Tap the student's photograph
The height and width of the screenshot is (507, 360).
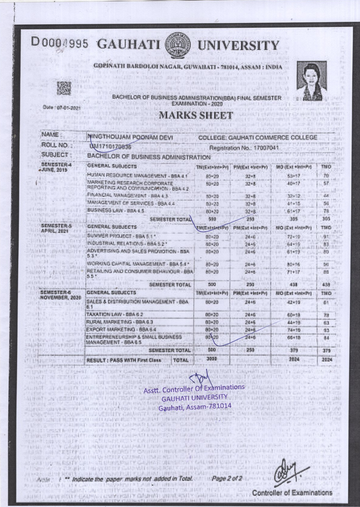click(312, 81)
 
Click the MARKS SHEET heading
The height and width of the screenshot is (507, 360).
click(187, 115)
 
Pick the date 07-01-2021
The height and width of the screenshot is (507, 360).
click(62, 108)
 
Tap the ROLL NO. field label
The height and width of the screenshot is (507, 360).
click(57, 145)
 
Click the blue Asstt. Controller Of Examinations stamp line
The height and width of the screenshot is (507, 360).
click(193, 387)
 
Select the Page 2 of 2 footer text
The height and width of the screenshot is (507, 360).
click(227, 479)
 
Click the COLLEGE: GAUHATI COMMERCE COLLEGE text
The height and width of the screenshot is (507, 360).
click(258, 137)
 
